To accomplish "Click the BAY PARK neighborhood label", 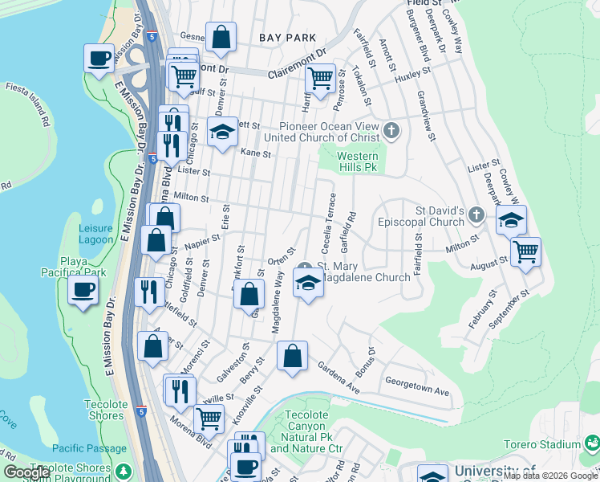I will point(287,38).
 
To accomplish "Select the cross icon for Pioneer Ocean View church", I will point(391,130).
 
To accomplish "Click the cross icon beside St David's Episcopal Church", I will point(476,214).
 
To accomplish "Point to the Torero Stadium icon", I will point(592,443).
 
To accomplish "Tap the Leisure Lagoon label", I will point(96,234).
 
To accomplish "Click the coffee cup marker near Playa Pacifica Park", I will point(83,291).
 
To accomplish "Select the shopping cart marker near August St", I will point(525,251).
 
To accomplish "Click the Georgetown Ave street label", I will point(417,386).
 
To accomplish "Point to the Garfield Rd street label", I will point(351,229).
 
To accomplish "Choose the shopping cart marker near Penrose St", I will point(320,78).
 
